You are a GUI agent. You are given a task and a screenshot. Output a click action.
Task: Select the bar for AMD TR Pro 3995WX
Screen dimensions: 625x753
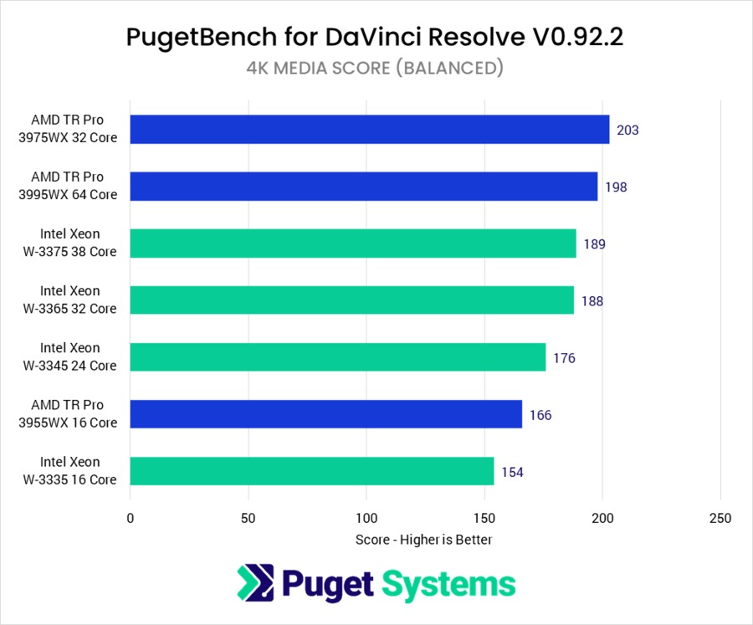click(x=364, y=187)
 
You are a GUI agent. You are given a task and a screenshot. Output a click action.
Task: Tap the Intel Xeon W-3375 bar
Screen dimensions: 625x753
click(x=353, y=243)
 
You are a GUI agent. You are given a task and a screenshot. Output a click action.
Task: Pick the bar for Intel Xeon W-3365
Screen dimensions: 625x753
click(x=352, y=300)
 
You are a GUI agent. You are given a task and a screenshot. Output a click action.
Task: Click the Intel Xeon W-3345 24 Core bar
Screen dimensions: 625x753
click(x=338, y=357)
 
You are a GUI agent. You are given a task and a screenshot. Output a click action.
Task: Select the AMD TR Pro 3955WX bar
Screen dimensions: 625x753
click(x=326, y=414)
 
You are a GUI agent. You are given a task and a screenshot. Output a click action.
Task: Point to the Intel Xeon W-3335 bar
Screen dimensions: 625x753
click(x=312, y=471)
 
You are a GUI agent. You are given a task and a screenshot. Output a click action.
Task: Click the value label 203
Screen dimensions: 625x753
click(x=627, y=131)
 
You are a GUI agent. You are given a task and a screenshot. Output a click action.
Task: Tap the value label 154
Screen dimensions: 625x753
click(x=512, y=472)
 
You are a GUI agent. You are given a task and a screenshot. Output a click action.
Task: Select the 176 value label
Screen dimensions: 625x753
click(x=564, y=358)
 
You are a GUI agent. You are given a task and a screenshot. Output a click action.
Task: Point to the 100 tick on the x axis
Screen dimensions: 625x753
click(x=366, y=519)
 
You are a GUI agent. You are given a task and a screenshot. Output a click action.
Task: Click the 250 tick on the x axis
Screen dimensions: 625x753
click(x=720, y=519)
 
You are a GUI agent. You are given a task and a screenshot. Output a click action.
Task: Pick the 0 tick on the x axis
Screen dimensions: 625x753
click(x=131, y=519)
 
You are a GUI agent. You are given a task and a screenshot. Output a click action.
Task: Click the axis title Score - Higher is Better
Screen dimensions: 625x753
click(x=423, y=540)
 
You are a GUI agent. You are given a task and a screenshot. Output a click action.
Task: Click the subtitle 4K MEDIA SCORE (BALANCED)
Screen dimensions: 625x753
click(x=376, y=69)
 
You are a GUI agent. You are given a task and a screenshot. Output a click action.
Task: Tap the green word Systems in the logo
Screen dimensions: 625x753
click(x=448, y=583)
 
